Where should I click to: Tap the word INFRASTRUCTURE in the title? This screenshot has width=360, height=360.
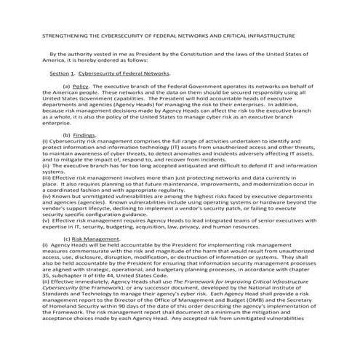270,35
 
